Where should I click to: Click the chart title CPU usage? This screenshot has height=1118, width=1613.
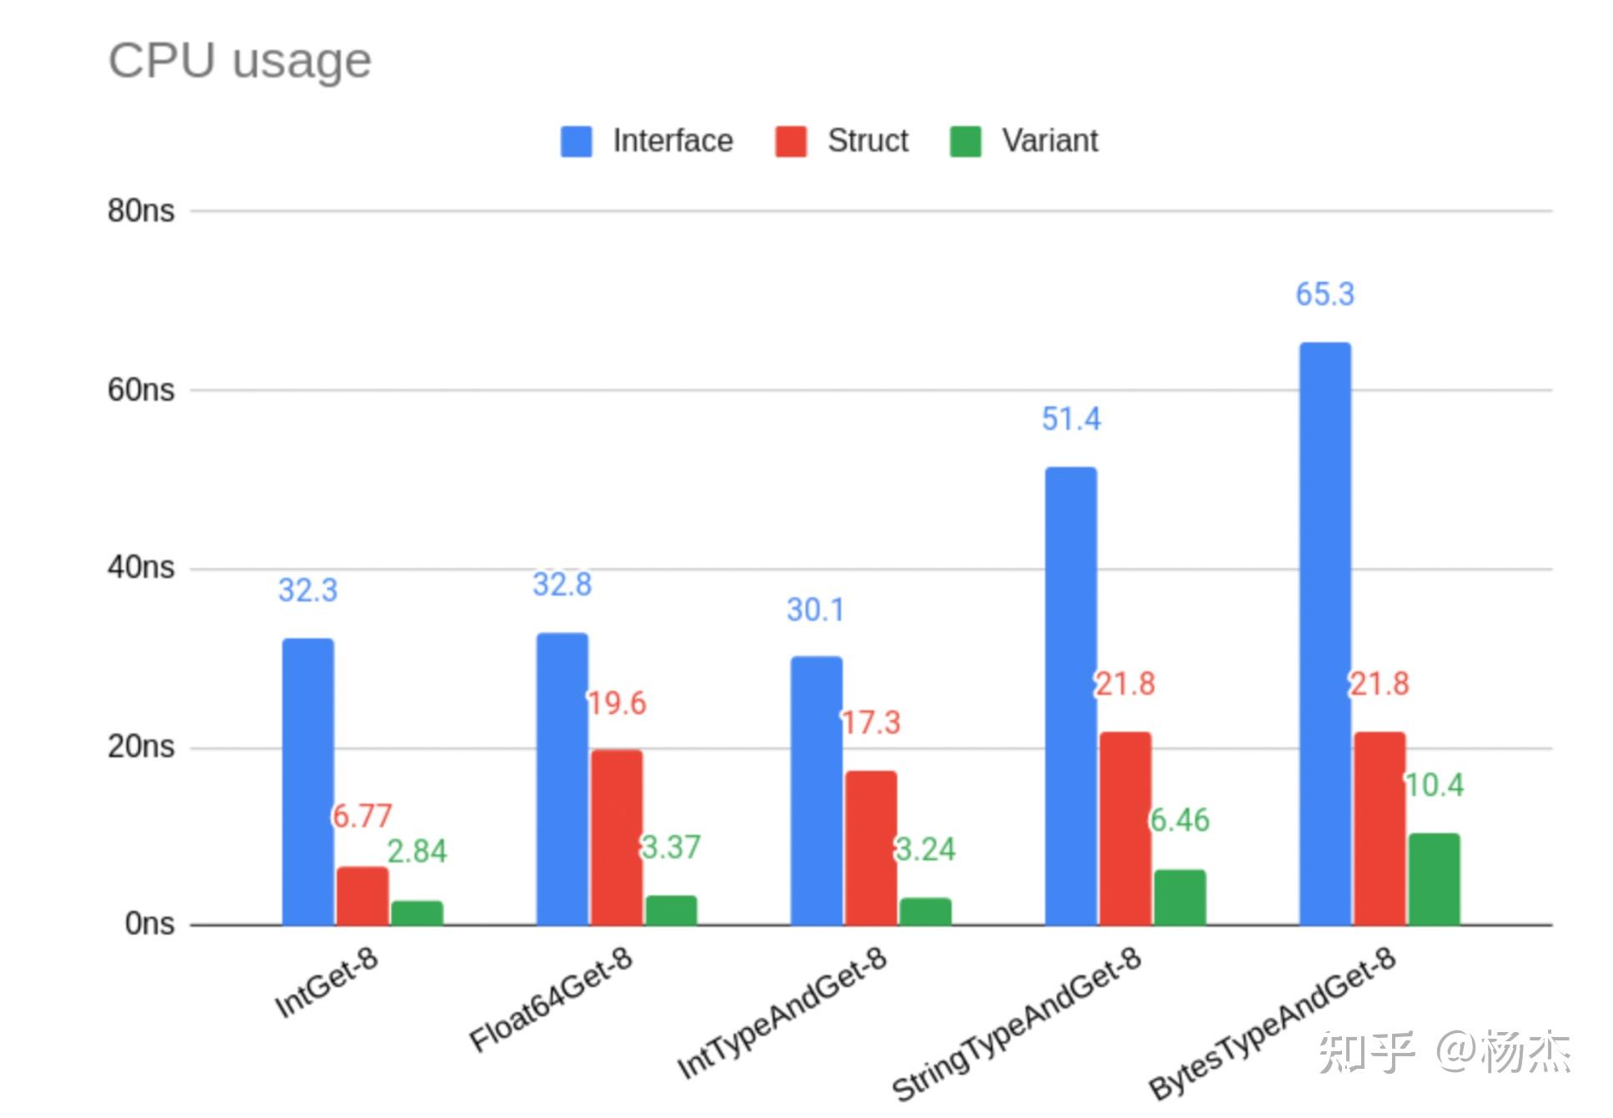tap(240, 61)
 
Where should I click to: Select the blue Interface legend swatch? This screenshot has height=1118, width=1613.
tap(576, 141)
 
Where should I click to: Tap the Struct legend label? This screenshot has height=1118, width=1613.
tap(867, 140)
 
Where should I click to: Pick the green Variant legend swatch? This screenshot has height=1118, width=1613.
tap(965, 141)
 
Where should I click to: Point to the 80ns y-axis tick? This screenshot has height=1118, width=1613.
tap(141, 210)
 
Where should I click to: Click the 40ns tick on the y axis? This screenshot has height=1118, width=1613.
tap(141, 567)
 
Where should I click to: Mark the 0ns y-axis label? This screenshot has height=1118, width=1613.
tap(149, 924)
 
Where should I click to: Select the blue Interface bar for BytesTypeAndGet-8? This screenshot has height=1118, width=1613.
tap(1325, 633)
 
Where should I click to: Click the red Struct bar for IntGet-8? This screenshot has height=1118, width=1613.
tap(363, 896)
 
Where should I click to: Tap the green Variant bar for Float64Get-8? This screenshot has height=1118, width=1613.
tap(671, 910)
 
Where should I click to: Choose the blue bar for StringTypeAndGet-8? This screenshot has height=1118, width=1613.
tap(1071, 696)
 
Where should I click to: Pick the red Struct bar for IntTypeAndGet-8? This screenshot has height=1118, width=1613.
tap(871, 848)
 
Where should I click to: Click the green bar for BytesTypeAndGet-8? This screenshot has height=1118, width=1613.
tap(1435, 879)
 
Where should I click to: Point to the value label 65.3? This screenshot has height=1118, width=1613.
tap(1325, 295)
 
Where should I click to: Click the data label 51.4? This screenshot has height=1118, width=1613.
tap(1071, 419)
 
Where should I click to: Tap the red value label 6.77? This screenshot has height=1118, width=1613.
tap(362, 816)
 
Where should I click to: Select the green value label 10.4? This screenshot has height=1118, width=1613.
tap(1435, 785)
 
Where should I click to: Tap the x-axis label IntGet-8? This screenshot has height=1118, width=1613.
tap(327, 982)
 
